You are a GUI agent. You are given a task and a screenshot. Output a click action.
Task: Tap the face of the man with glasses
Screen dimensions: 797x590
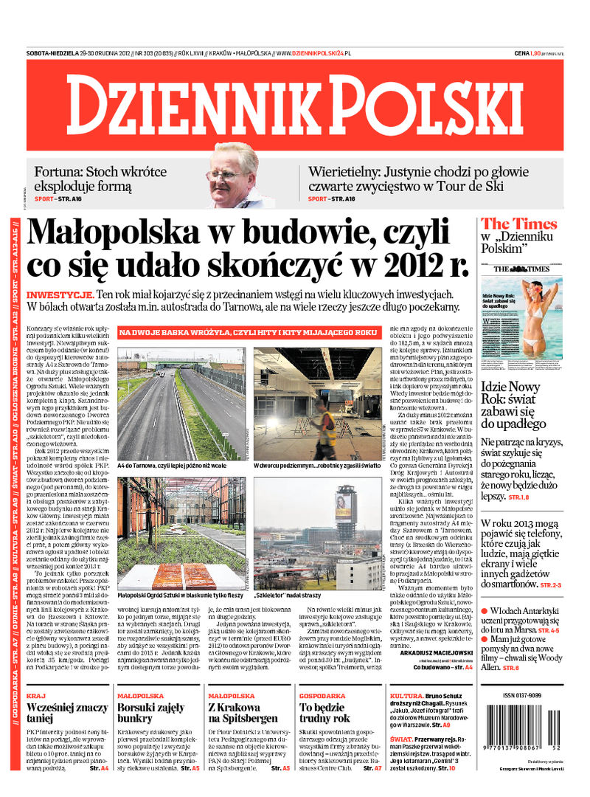tap(231, 173)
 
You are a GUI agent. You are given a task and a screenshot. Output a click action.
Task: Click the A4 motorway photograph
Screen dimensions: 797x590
tap(181, 404)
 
